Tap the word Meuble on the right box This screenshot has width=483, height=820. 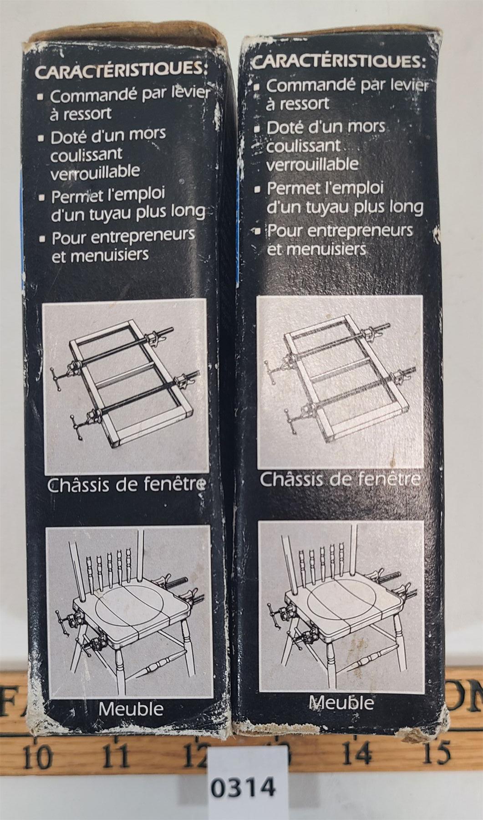coord(341,703)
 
